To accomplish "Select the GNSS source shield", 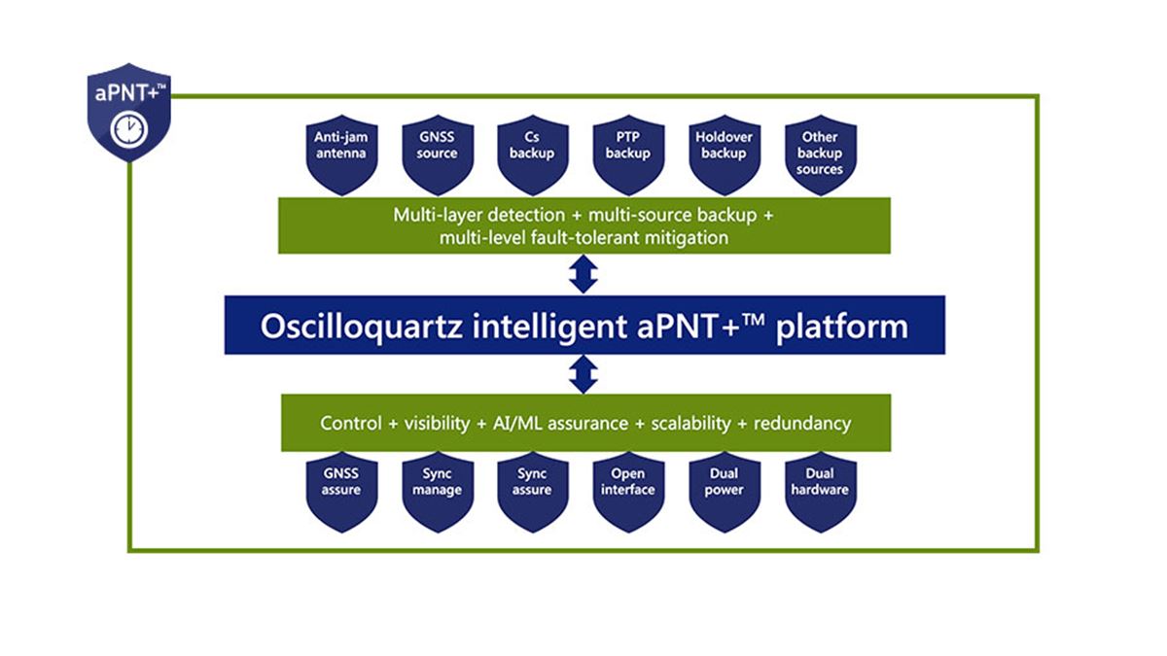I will click(x=437, y=154).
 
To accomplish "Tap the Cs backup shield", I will click(x=532, y=154).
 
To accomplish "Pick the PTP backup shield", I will click(x=627, y=154).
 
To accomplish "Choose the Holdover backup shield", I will click(x=724, y=154).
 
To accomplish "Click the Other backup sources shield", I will click(x=820, y=154).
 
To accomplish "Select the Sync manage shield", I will click(x=437, y=489).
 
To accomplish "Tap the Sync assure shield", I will click(x=532, y=489).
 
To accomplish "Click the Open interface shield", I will click(x=627, y=489).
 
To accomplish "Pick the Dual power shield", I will click(x=724, y=489).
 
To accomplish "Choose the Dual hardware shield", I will click(x=820, y=489).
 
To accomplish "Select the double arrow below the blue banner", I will click(x=583, y=374).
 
